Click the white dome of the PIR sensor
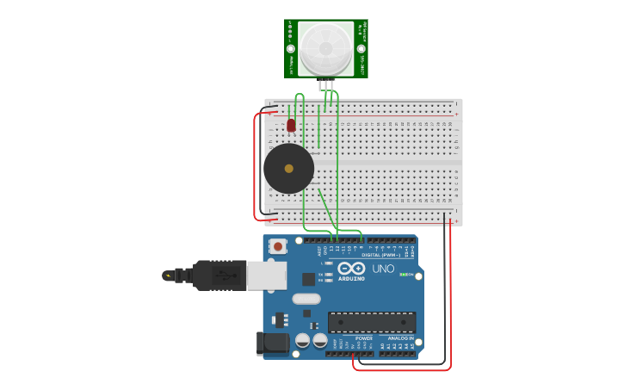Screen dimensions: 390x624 click(x=327, y=48)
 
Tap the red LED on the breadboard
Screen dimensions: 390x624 click(x=291, y=125)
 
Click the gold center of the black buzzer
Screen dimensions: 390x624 click(x=288, y=169)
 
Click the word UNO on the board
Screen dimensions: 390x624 click(x=383, y=269)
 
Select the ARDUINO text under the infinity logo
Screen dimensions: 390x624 click(x=351, y=279)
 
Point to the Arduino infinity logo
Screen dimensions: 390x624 click(x=351, y=269)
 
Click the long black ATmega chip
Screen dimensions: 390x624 click(x=371, y=323)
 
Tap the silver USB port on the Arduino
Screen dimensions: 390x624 click(x=267, y=275)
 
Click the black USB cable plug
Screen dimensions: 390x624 click(x=219, y=275)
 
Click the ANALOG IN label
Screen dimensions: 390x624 click(x=398, y=338)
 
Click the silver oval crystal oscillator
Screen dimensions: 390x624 click(x=306, y=300)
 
